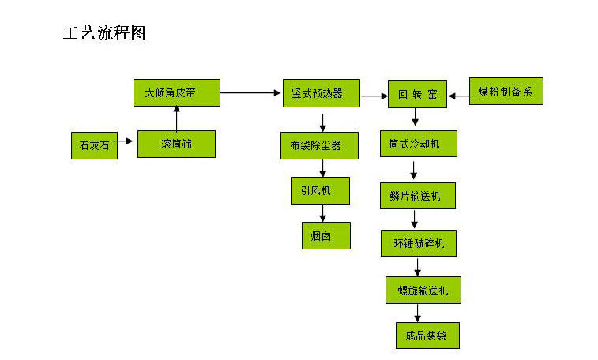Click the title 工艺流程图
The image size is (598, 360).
tap(104, 34)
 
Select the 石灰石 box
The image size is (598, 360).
tap(94, 145)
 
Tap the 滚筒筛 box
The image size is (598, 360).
tap(176, 144)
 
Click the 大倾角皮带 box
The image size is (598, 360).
tap(176, 92)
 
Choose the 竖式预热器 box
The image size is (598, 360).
tap(322, 92)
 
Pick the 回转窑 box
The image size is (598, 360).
tap(416, 94)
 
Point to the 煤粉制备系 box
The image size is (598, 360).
tap(506, 92)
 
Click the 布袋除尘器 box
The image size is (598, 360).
tap(320, 145)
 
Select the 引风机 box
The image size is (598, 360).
tap(321, 190)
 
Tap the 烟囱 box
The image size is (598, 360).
tap(325, 234)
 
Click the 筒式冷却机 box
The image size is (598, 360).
tap(418, 144)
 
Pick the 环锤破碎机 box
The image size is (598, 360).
tap(418, 243)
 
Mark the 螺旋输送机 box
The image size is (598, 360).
tap(423, 290)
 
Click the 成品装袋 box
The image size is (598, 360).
tap(427, 335)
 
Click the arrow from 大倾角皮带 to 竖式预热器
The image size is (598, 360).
tap(250, 93)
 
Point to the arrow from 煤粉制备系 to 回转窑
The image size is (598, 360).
tap(458, 95)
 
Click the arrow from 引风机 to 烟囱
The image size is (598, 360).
tap(323, 213)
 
